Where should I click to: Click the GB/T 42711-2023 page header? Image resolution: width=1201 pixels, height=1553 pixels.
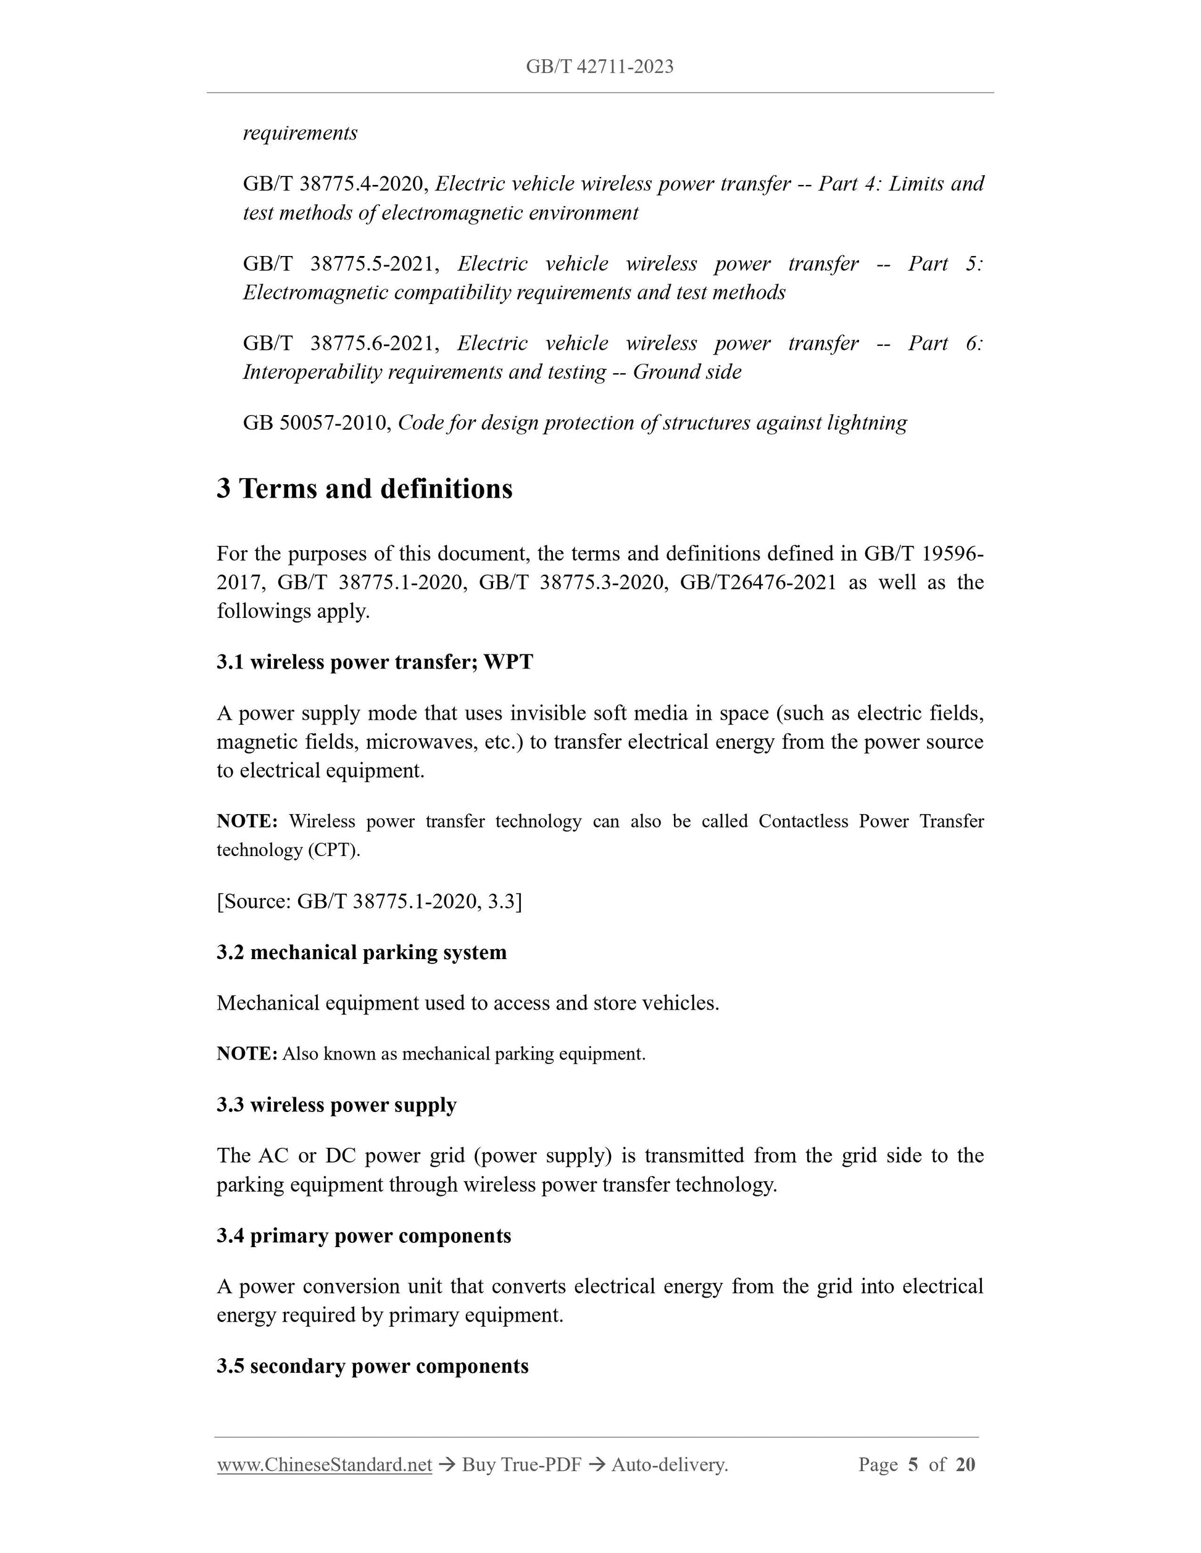pyautogui.click(x=599, y=67)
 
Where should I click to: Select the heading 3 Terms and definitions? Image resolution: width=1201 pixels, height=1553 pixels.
pyautogui.click(x=364, y=489)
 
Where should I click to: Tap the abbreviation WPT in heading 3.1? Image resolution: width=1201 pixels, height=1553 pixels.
pyautogui.click(x=508, y=662)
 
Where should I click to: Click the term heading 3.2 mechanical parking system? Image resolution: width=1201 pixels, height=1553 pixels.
pyautogui.click(x=362, y=952)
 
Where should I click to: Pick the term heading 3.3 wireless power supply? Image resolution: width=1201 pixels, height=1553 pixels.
pyautogui.click(x=336, y=1105)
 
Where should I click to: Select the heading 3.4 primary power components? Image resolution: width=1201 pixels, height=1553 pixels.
pyautogui.click(x=364, y=1235)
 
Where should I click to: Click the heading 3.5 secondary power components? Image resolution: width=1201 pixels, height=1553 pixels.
pyautogui.click(x=372, y=1366)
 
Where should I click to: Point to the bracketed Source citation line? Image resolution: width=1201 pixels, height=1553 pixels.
pyautogui.click(x=369, y=901)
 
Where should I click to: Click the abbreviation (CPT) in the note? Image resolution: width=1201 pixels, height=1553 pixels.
pyautogui.click(x=334, y=850)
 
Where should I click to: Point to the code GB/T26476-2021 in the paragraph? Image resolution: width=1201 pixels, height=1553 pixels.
pyautogui.click(x=758, y=582)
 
